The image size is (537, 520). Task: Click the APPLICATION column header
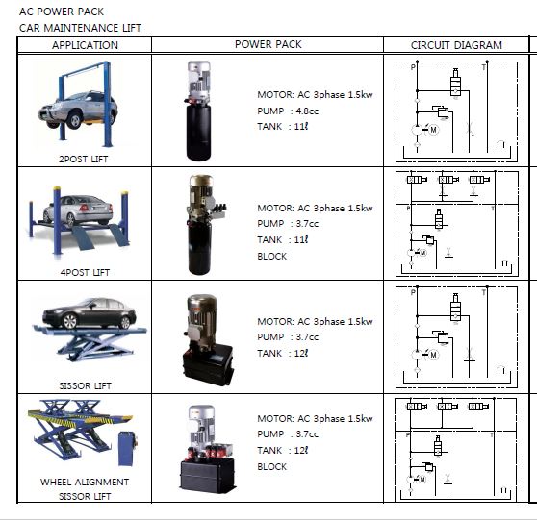[85, 45]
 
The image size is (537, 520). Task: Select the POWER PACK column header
[268, 44]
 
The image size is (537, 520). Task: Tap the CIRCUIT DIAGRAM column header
[456, 45]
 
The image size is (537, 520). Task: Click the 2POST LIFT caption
[83, 160]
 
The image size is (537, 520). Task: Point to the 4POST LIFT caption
[85, 273]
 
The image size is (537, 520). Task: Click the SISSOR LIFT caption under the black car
[85, 385]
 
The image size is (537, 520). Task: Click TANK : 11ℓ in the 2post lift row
[283, 127]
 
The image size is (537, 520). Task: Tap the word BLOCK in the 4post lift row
[272, 257]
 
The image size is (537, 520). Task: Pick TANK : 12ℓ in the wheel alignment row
[283, 450]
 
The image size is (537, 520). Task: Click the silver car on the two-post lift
[78, 111]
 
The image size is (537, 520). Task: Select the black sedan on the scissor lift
[89, 313]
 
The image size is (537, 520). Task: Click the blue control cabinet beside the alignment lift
[127, 449]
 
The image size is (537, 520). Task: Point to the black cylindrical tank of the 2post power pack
[198, 132]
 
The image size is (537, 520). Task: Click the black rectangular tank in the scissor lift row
[208, 364]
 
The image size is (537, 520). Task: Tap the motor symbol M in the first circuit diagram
[434, 130]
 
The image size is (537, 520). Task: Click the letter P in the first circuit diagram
[413, 67]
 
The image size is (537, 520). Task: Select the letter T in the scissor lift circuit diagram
[483, 292]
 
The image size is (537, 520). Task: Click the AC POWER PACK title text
[62, 12]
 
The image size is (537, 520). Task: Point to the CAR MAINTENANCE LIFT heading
[80, 28]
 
